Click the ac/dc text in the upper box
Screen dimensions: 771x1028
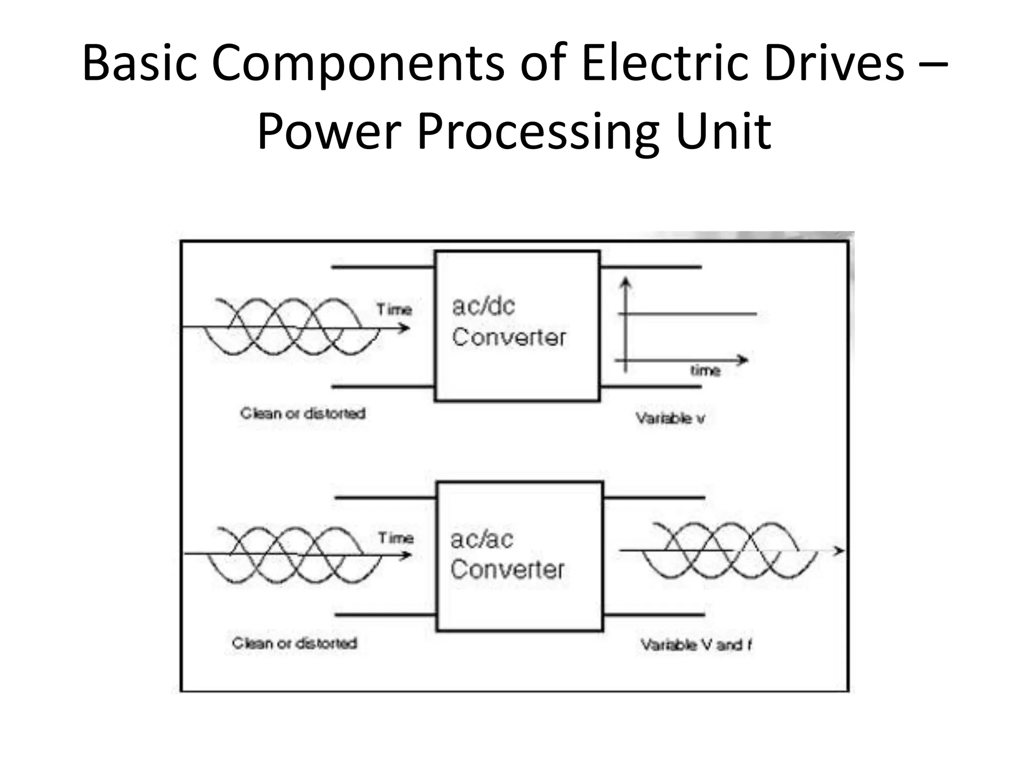point(483,306)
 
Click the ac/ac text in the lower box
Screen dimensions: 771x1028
point(481,540)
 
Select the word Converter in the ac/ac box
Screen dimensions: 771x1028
point(507,570)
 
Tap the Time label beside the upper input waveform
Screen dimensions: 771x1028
point(394,310)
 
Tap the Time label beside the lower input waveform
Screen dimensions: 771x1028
point(396,538)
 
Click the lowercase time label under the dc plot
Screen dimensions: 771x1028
point(705,371)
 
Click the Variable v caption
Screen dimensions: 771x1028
point(670,418)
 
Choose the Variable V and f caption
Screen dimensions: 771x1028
point(696,645)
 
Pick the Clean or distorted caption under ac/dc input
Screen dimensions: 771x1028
point(303,414)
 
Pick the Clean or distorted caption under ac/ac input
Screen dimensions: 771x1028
point(295,643)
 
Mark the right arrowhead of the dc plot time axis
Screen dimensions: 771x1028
point(743,360)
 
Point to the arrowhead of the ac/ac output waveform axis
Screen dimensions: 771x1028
point(839,551)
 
